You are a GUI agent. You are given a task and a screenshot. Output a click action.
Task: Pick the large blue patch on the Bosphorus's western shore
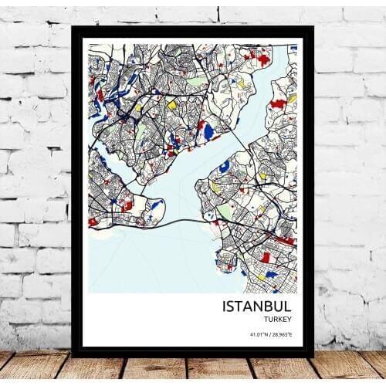[208, 132]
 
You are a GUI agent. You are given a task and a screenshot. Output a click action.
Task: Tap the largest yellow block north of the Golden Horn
[172, 105]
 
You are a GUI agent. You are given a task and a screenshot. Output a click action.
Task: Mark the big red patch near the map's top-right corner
[263, 59]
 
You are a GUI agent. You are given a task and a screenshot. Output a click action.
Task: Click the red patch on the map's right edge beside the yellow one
[278, 103]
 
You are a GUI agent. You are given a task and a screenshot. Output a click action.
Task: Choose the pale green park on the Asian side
[225, 210]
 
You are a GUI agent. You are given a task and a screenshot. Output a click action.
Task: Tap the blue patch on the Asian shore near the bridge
[224, 166]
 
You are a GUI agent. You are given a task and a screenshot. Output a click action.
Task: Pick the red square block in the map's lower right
[266, 257]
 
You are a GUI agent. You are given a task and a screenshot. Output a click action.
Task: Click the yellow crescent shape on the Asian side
[215, 187]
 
